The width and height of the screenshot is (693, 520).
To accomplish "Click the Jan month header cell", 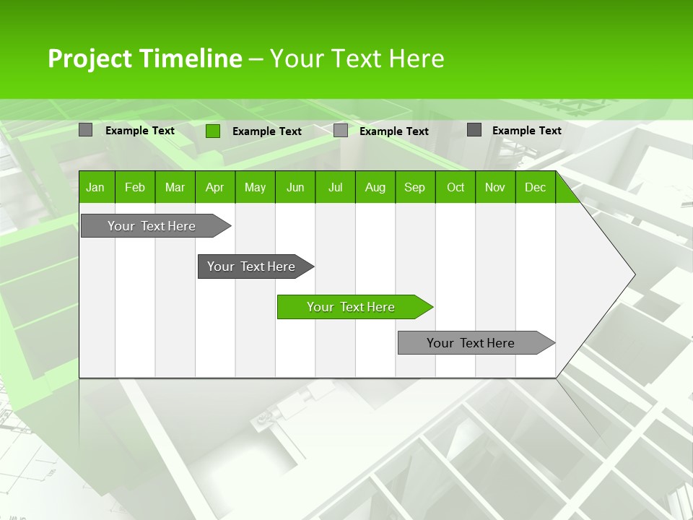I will (95, 188).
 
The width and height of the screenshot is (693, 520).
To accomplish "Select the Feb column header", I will (135, 188).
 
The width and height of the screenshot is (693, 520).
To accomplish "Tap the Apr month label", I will (214, 188).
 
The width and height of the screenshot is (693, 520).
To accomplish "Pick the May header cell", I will (255, 188).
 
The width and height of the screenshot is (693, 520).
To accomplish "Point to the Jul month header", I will (335, 188).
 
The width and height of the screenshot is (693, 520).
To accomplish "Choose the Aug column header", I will (375, 188).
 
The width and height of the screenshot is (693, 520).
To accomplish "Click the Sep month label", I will (414, 188).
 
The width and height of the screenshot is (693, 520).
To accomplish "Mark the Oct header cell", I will (456, 188).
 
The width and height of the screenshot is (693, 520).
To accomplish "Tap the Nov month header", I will (495, 188).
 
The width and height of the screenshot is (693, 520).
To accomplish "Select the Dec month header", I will (535, 188).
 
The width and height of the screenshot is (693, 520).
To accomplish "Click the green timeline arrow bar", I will (354, 307).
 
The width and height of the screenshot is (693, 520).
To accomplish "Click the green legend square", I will (213, 131).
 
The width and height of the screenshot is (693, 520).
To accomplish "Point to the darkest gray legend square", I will (474, 130).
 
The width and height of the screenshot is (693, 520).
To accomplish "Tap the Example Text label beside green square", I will (267, 131).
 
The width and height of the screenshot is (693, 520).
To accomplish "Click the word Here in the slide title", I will (417, 58).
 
